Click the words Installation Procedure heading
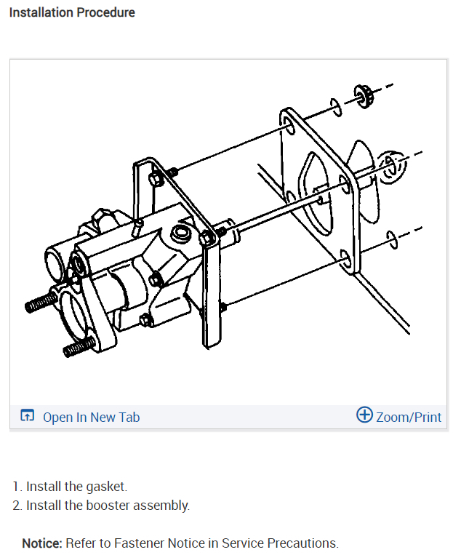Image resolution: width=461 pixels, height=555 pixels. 72,12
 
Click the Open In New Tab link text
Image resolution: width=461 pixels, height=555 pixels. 91,417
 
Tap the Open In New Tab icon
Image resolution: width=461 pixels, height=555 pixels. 28,417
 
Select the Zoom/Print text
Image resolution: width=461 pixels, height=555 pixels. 409,417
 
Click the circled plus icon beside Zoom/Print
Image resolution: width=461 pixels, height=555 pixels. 364,415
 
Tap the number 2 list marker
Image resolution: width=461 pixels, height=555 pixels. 17,505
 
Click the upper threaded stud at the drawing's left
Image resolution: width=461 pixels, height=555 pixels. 42,302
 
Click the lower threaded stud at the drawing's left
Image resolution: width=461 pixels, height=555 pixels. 79,348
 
